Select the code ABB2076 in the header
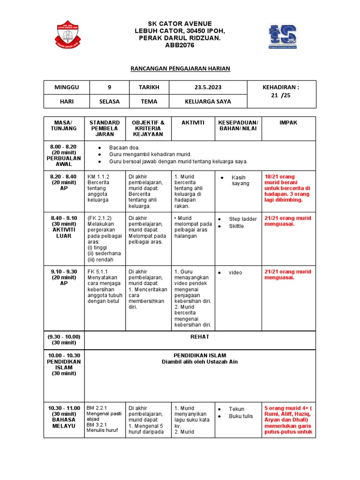pyautogui.click(x=180, y=45)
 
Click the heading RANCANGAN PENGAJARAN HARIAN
pyautogui.click(x=180, y=69)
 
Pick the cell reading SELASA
pyautogui.click(x=109, y=101)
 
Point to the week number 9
pyautogui.click(x=109, y=88)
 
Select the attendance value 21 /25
pyautogui.click(x=280, y=96)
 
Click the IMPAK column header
pyautogui.click(x=288, y=123)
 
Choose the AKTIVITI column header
pyautogui.click(x=193, y=123)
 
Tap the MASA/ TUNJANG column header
pyautogui.click(x=63, y=126)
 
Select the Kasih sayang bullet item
pyautogui.click(x=240, y=180)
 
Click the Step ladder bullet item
pyautogui.click(x=243, y=219)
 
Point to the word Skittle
pyautogui.click(x=236, y=226)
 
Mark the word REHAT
pyautogui.click(x=200, y=337)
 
